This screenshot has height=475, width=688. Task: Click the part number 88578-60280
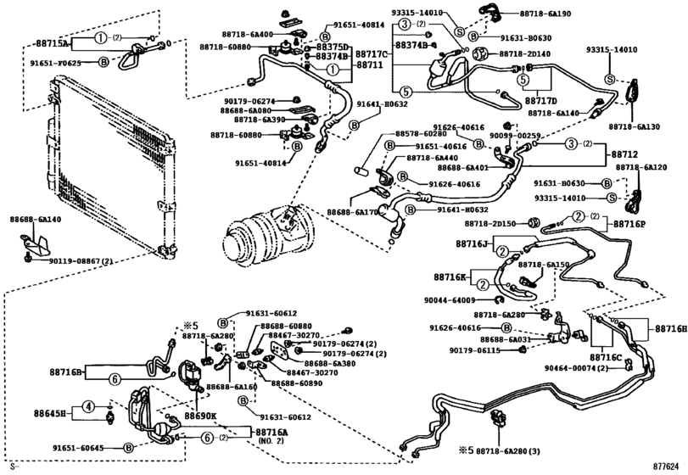(x=421, y=133)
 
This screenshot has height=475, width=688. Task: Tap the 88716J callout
(x=473, y=243)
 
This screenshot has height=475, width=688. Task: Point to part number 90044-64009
(x=449, y=300)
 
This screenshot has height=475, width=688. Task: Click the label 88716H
(x=669, y=328)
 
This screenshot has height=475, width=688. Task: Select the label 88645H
(x=50, y=413)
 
